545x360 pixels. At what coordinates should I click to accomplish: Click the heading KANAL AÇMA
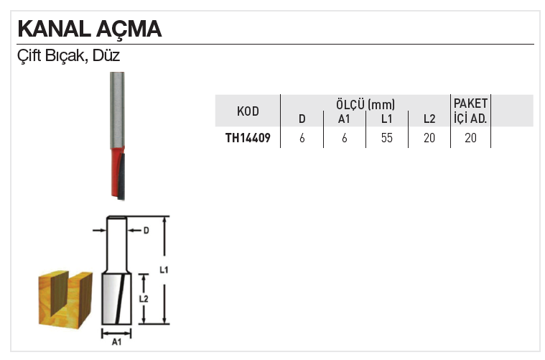pyautogui.click(x=89, y=29)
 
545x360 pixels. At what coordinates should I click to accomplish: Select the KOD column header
pyautogui.click(x=248, y=111)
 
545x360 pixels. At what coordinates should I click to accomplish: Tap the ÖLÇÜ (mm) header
pyautogui.click(x=365, y=103)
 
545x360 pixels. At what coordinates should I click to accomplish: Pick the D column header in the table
pyautogui.click(x=302, y=119)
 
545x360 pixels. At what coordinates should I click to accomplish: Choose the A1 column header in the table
pyautogui.click(x=344, y=119)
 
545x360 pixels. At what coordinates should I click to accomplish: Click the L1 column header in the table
pyautogui.click(x=387, y=119)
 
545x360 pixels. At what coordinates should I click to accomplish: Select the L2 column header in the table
pyautogui.click(x=429, y=119)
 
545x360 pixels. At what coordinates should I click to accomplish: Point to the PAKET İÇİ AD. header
pyautogui.click(x=470, y=111)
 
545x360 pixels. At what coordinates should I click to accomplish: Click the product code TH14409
pyautogui.click(x=248, y=138)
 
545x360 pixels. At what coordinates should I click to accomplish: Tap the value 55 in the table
pyautogui.click(x=387, y=138)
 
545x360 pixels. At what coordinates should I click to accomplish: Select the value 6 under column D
pyautogui.click(x=302, y=138)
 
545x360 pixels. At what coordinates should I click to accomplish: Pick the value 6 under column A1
pyautogui.click(x=345, y=138)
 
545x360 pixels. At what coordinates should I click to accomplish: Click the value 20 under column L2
pyautogui.click(x=429, y=138)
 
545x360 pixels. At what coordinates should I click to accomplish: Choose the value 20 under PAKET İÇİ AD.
pyautogui.click(x=470, y=138)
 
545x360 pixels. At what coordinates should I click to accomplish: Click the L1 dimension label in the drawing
pyautogui.click(x=163, y=270)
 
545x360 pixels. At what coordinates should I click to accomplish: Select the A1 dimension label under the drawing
pyautogui.click(x=116, y=343)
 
